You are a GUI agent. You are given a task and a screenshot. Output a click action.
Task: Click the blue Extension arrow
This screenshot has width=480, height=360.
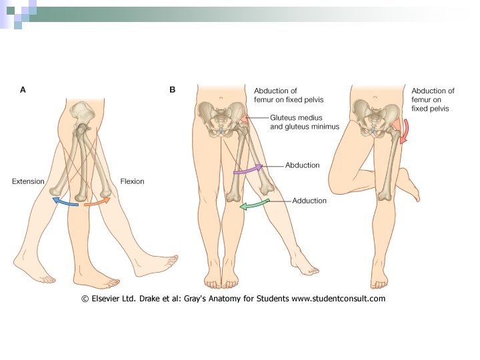(x=65, y=201)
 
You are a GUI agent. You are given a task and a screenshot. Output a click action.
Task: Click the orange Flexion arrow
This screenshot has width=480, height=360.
(x=97, y=201)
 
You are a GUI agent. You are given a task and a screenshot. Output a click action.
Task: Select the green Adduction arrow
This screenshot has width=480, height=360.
(x=253, y=204)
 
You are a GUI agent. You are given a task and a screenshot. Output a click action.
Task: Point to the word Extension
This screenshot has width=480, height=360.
(x=28, y=181)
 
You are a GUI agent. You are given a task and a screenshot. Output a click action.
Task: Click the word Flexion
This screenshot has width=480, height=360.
(x=132, y=181)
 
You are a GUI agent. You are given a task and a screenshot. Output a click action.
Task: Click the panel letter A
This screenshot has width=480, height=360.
(x=23, y=89)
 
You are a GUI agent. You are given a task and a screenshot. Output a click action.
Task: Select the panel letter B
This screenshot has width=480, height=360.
(x=173, y=89)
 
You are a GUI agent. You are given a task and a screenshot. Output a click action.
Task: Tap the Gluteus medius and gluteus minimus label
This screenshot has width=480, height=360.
(x=304, y=121)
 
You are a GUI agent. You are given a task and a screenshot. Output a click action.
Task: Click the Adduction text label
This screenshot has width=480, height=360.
(x=309, y=201)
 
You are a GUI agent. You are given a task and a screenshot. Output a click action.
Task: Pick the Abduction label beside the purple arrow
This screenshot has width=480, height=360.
(x=303, y=165)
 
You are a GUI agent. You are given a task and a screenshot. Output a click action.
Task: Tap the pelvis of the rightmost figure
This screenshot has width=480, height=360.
(x=375, y=117)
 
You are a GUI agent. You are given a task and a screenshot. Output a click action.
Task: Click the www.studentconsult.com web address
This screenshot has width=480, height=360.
(x=338, y=299)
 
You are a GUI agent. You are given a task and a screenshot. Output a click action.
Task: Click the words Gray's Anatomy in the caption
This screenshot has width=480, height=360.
(x=211, y=299)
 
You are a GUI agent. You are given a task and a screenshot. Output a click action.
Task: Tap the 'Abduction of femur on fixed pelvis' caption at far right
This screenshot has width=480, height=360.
(x=433, y=99)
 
